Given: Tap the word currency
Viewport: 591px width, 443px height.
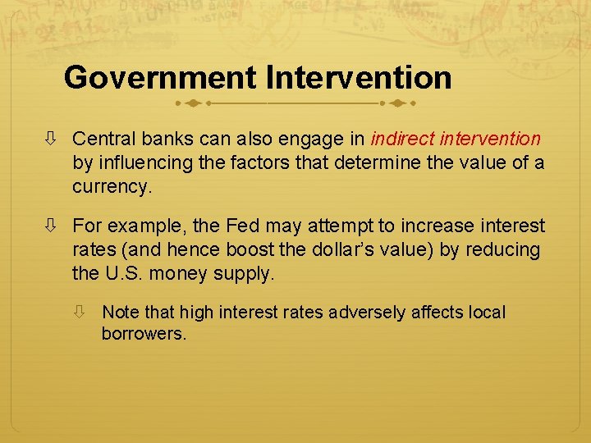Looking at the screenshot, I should point(111,186).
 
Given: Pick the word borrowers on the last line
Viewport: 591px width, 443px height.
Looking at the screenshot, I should point(144,334).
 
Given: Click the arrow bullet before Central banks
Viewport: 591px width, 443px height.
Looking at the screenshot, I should point(53,140).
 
